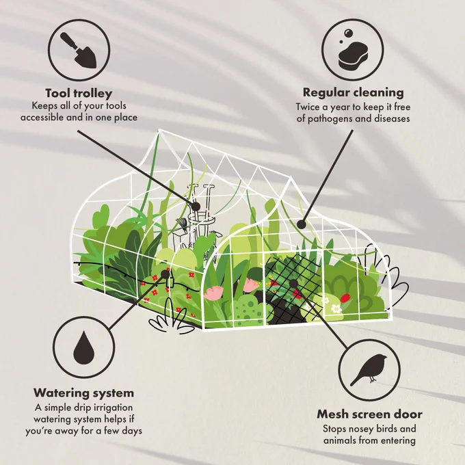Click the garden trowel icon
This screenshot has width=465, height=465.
78,51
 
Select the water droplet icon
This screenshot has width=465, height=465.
84,347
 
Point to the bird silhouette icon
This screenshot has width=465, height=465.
369,369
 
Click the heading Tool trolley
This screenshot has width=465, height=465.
79,93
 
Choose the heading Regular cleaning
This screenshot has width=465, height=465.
354,92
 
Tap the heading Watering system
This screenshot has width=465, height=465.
83,393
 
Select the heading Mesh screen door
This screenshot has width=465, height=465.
369,414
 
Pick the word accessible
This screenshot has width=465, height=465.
42,118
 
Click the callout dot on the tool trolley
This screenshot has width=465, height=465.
196,207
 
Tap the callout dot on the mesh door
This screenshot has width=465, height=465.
293,284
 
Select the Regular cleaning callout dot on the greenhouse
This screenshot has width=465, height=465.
302,224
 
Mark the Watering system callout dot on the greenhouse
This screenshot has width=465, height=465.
165,274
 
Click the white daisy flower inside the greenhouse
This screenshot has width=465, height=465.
336,308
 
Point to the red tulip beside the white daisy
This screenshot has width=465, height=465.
345,297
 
